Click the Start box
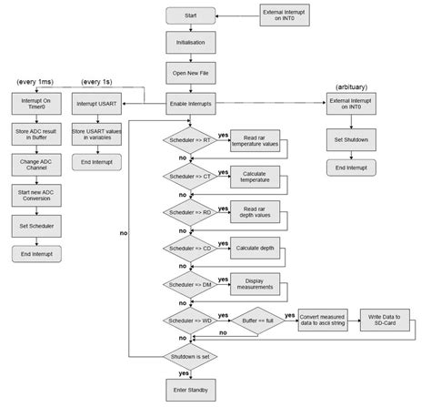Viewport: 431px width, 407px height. (190, 15)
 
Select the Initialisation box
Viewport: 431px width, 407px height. (190, 42)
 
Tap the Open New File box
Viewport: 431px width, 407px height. (190, 73)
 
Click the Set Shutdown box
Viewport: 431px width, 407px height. (351, 141)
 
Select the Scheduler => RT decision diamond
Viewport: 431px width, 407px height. (190, 139)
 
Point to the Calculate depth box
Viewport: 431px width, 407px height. (254, 248)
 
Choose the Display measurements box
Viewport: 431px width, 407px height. (254, 284)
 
